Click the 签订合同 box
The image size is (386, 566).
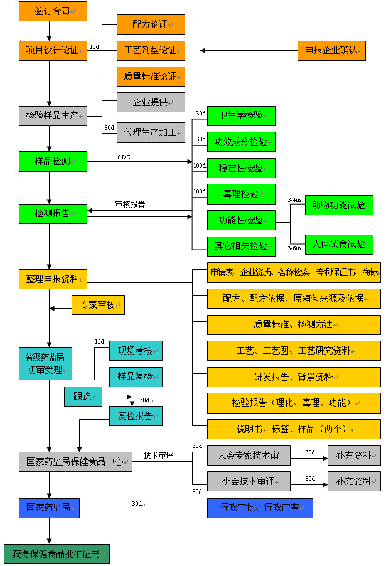pyautogui.click(x=53, y=11)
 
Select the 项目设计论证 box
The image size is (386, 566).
pyautogui.click(x=53, y=50)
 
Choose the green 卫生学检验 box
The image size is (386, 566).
pyautogui.click(x=241, y=116)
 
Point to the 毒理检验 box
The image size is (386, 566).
pyautogui.click(x=241, y=194)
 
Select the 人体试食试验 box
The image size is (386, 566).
pyautogui.click(x=339, y=245)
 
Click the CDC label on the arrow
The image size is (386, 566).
pyautogui.click(x=124, y=156)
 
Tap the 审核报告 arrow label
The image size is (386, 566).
pyautogui.click(x=130, y=204)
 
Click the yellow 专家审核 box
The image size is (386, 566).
pyautogui.click(x=98, y=305)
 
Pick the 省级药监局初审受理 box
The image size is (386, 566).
pyautogui.click(x=46, y=363)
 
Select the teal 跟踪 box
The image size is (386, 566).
pyautogui.click(x=83, y=397)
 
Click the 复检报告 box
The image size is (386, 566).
pyautogui.click(x=136, y=415)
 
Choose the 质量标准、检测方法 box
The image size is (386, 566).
pyautogui.click(x=294, y=324)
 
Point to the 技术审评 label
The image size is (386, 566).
pyautogui.click(x=158, y=455)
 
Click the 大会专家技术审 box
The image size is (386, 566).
pyautogui.click(x=249, y=455)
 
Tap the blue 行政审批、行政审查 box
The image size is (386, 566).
pyautogui.click(x=260, y=508)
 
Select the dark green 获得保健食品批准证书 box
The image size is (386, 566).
pyautogui.click(x=56, y=554)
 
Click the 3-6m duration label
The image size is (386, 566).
pyautogui.click(x=294, y=248)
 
